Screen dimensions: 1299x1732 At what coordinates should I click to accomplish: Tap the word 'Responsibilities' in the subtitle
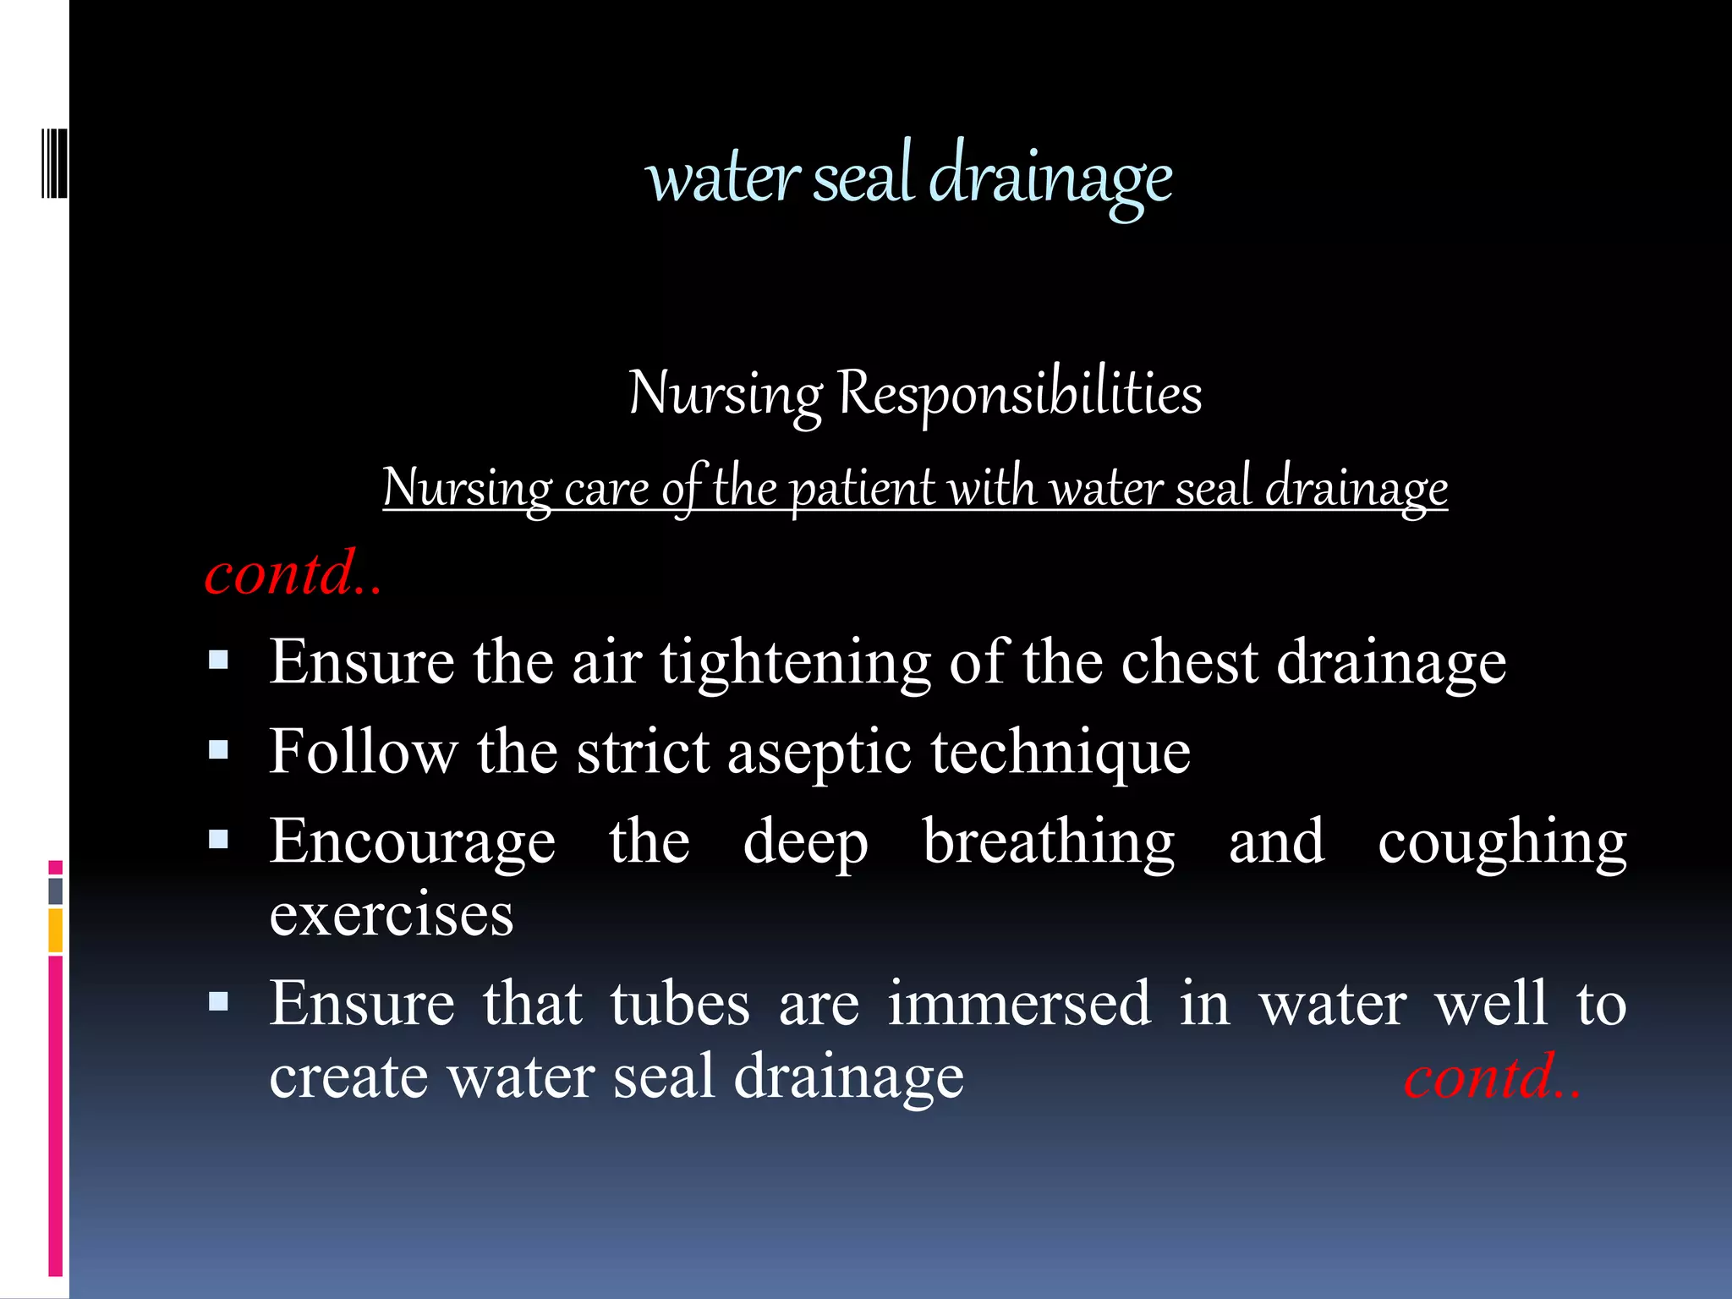1019,394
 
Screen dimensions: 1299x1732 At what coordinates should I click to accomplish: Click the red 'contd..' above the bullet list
293,573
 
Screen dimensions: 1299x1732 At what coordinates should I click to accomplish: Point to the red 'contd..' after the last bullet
1492,1077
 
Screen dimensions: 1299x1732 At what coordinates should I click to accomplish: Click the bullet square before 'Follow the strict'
219,749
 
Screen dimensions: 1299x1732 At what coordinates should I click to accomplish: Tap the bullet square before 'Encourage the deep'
219,839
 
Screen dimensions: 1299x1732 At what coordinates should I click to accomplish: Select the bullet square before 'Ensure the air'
219,660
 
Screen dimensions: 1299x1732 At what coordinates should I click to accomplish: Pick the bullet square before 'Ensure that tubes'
219,1002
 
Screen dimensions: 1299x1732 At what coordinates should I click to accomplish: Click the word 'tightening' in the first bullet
795,663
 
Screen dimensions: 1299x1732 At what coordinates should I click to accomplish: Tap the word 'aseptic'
819,753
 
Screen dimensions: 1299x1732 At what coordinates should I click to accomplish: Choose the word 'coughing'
1502,844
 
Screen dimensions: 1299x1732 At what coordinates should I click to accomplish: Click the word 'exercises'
392,915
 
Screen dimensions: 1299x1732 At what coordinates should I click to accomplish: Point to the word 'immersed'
1019,1004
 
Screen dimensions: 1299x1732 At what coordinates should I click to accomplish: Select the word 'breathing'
1049,844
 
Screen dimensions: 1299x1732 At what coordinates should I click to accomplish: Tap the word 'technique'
1061,753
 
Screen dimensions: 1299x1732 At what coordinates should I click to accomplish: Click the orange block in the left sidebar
56,930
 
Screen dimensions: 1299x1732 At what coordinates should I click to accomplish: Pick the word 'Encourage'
413,844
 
